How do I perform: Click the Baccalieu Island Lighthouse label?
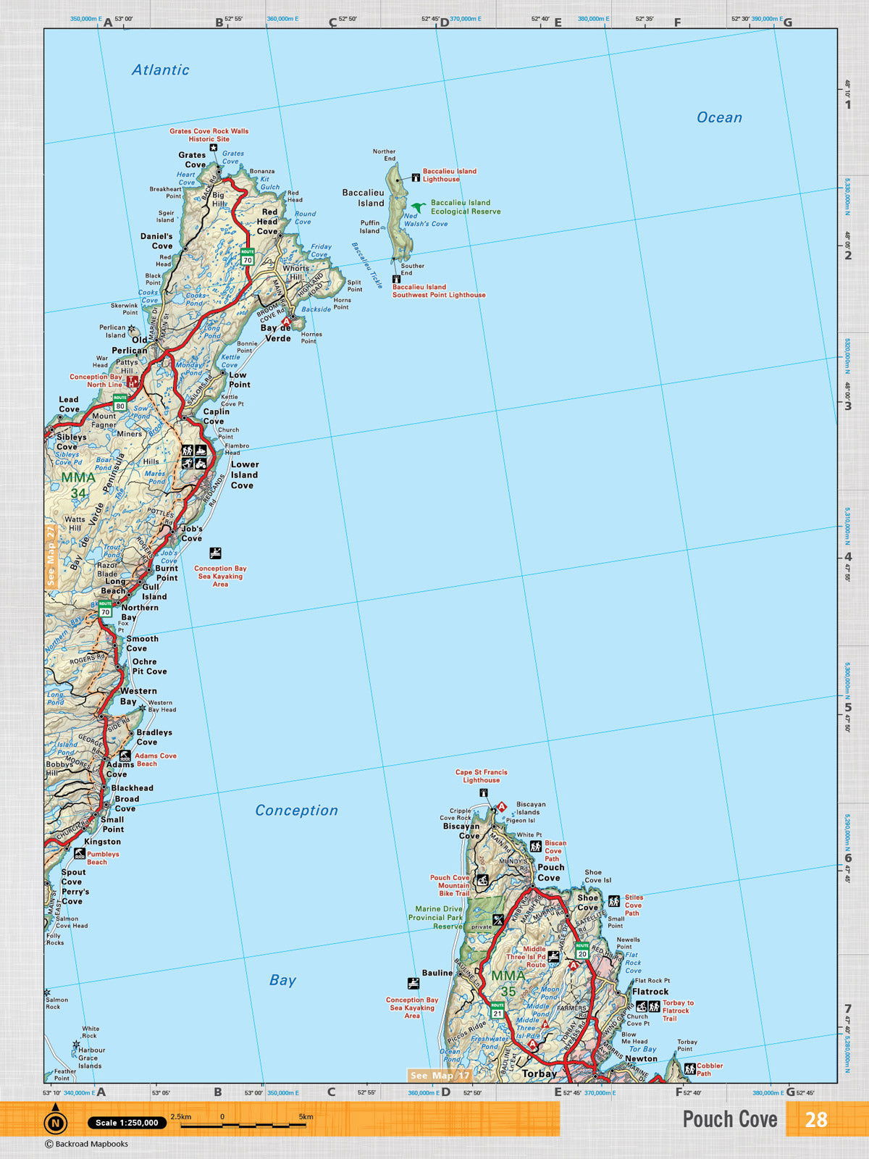pos(449,175)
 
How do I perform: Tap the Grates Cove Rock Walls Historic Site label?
pos(209,135)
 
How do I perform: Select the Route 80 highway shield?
pos(120,403)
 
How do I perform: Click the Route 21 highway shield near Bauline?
pos(497,1010)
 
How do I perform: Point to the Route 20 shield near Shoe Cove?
pos(582,950)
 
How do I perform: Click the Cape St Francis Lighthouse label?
pos(481,776)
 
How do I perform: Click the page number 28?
pos(815,1119)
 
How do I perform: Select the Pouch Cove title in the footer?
pos(729,1119)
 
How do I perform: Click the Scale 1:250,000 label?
pos(127,1123)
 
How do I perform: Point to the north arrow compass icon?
pos(55,1121)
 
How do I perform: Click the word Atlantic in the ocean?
pos(160,70)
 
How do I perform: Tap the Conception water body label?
pos(296,811)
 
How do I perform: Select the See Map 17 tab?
pos(440,1076)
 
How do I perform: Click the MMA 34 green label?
pos(78,485)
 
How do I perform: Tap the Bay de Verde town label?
pos(275,333)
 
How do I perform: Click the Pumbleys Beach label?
pos(102,858)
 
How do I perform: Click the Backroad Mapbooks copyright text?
pos(87,1145)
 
